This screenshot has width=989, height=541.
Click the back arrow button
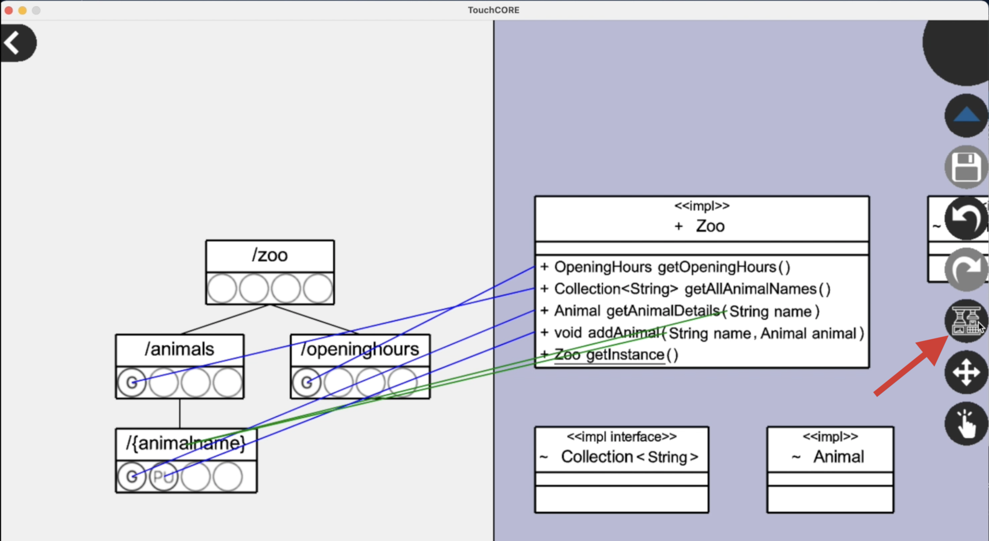(x=16, y=43)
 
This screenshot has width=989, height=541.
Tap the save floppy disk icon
(x=966, y=167)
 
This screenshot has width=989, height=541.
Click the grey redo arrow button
(x=966, y=270)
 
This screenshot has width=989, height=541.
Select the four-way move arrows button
(x=966, y=372)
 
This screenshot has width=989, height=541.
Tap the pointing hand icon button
(x=966, y=424)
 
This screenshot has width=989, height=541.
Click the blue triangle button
(x=966, y=115)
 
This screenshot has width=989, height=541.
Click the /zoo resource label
(x=270, y=255)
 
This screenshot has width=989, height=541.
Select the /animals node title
(x=180, y=349)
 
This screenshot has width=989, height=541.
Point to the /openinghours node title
(x=360, y=349)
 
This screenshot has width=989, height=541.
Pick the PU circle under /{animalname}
(x=163, y=477)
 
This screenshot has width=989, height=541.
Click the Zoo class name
(x=710, y=226)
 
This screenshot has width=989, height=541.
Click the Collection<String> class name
(x=629, y=457)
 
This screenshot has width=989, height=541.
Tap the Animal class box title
(x=838, y=457)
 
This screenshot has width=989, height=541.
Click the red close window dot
(x=9, y=10)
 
